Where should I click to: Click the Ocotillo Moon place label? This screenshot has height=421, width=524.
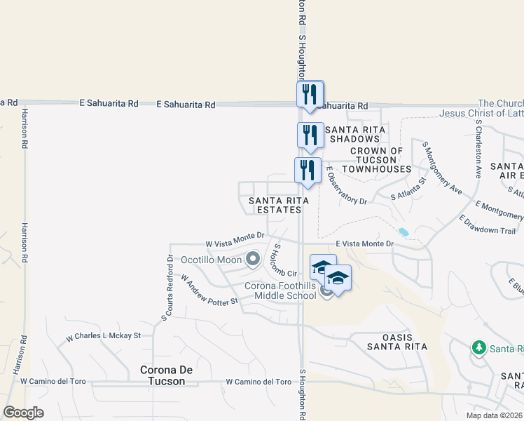coord(212,260)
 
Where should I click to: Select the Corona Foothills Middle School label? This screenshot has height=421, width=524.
coord(280,290)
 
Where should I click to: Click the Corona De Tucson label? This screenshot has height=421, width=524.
coord(163,375)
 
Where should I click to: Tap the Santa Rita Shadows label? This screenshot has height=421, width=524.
coord(354,134)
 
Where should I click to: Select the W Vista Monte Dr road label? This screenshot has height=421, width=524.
coord(235,243)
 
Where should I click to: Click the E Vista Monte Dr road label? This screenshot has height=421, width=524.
coord(366,243)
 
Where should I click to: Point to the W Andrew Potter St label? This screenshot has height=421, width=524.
coord(210,289)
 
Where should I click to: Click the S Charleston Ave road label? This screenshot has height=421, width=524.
coord(478,149)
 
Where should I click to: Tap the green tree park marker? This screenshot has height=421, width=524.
coord(480,348)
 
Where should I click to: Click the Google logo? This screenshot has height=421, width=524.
coord(24,413)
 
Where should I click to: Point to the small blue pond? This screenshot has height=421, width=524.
coord(404,232)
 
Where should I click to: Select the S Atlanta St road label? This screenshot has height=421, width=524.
coord(408,189)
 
